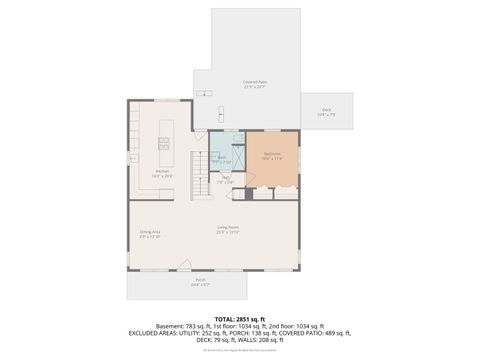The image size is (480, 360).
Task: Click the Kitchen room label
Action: [162, 173]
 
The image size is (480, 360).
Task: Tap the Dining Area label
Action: [150, 234]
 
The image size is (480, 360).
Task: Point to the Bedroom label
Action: [273, 155]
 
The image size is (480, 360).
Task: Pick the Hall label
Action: [226, 180]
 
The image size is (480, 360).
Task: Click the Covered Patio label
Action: [254, 84]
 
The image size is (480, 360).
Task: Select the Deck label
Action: [327, 112]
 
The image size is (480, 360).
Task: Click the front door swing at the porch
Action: [184, 266]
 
